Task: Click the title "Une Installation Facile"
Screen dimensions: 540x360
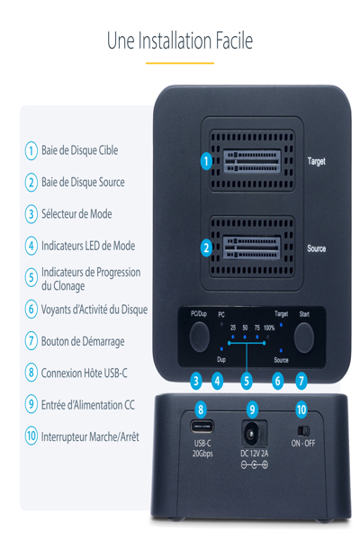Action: coord(180,40)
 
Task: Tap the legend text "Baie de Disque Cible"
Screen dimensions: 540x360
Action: coord(79,150)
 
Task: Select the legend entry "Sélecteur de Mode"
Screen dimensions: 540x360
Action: coord(76,214)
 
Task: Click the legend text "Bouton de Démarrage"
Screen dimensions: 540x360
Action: coord(83,341)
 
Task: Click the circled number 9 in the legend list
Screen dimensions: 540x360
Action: coord(31,404)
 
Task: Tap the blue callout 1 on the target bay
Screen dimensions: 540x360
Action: coord(206,162)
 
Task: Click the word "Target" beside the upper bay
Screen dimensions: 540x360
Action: coord(316,162)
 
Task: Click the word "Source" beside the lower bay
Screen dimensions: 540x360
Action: coord(316,248)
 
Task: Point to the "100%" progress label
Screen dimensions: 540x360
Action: coord(268,328)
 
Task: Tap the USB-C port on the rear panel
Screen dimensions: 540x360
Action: coord(201,427)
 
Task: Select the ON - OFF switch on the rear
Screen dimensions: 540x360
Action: coord(302,430)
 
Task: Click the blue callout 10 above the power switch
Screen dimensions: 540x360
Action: coord(302,409)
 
